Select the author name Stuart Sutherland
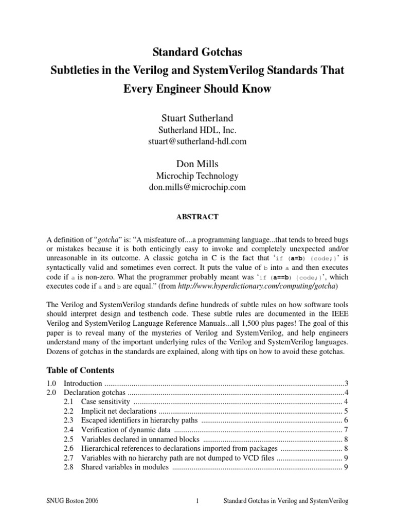coord(197,119)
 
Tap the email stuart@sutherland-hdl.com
coord(197,142)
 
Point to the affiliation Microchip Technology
coord(197,176)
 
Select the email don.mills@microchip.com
coord(197,188)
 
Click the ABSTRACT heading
coord(197,217)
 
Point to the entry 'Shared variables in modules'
coord(125,467)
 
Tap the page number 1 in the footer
coord(197,500)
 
